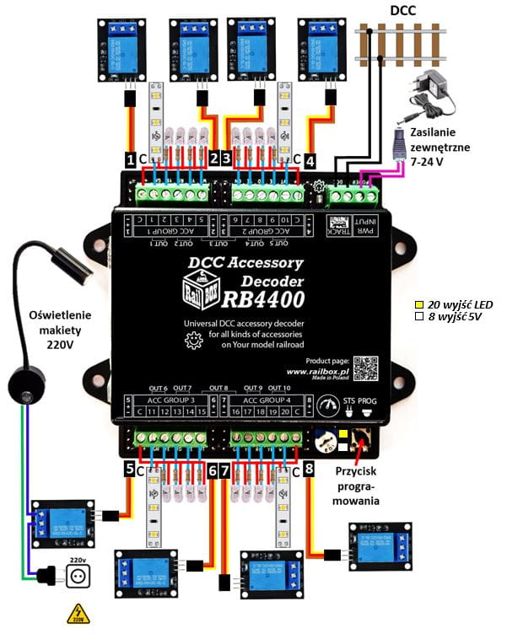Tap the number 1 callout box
click(x=130, y=158)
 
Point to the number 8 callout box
click(x=309, y=467)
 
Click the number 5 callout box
click(x=129, y=469)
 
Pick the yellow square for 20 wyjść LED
click(x=418, y=303)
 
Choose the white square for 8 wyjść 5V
click(x=418, y=318)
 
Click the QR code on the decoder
click(x=364, y=368)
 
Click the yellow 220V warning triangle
click(x=78, y=614)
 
